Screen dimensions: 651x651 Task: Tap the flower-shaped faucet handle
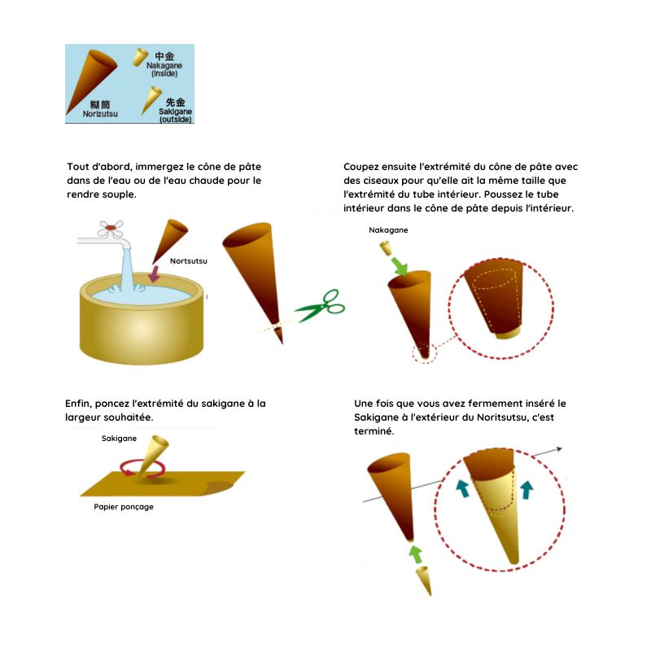pyautogui.click(x=111, y=229)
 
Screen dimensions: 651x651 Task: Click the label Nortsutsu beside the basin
pyautogui.click(x=189, y=261)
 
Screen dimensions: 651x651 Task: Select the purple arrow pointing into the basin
pyautogui.click(x=155, y=274)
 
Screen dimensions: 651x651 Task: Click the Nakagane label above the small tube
pyautogui.click(x=388, y=230)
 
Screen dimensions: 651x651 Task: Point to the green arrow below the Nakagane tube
pyautogui.click(x=400, y=266)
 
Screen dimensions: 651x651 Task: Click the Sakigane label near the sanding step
pyautogui.click(x=119, y=439)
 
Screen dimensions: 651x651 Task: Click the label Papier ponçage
pyautogui.click(x=124, y=507)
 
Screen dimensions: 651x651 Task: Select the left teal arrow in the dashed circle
pyautogui.click(x=462, y=488)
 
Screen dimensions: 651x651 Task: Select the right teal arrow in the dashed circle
pyautogui.click(x=526, y=490)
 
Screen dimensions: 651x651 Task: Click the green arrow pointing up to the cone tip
pyautogui.click(x=416, y=554)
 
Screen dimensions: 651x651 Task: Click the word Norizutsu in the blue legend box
pyautogui.click(x=100, y=114)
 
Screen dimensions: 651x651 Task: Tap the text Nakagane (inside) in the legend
pyautogui.click(x=164, y=69)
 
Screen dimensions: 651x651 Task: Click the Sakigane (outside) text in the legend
pyautogui.click(x=175, y=116)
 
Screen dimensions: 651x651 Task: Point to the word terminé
pyautogui.click(x=374, y=431)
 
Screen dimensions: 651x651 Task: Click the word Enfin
pyautogui.click(x=78, y=404)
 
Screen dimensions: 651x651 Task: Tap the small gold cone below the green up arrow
pyautogui.click(x=424, y=580)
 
